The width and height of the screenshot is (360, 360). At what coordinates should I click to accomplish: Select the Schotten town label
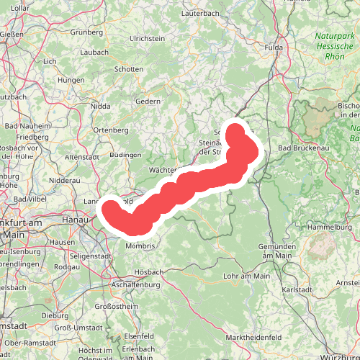pos(130,69)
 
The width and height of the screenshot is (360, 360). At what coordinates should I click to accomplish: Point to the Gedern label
pos(148,102)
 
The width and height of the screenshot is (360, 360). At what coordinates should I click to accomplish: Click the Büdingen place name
pos(127,155)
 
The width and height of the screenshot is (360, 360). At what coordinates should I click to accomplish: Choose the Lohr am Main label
pos(246,276)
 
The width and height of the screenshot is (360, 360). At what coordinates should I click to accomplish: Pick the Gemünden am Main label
pos(277,251)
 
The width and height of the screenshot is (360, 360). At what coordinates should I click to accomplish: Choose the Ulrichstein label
pos(148,38)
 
